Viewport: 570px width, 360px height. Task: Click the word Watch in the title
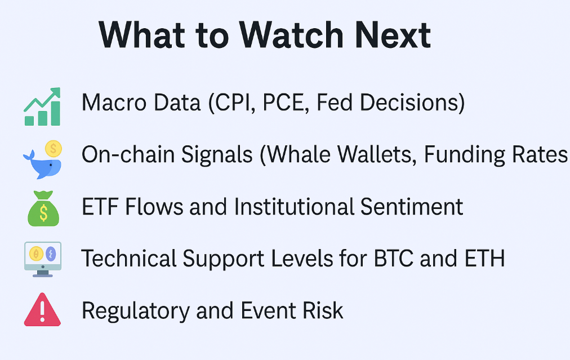pos(291,35)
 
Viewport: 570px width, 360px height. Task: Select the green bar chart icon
pos(42,106)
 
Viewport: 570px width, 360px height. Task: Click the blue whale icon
pos(42,164)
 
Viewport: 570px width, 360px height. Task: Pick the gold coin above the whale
pos(54,148)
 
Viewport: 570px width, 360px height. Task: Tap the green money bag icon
pos(43,208)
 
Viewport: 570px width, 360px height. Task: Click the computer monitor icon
pos(43,259)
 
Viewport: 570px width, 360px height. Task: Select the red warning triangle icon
pos(42,310)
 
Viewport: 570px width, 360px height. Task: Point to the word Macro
pos(114,102)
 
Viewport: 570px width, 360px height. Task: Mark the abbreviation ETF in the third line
pos(100,207)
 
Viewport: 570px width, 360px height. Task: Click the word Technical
pos(129,259)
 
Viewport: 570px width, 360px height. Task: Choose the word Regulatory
pos(136,312)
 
